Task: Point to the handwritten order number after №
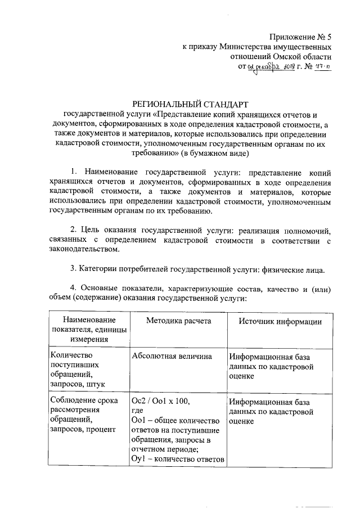[322, 67]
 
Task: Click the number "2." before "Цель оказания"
[74, 230]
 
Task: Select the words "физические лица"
[293, 270]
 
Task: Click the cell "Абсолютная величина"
[172, 356]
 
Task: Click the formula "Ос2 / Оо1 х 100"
[161, 402]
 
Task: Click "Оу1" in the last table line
[138, 458]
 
